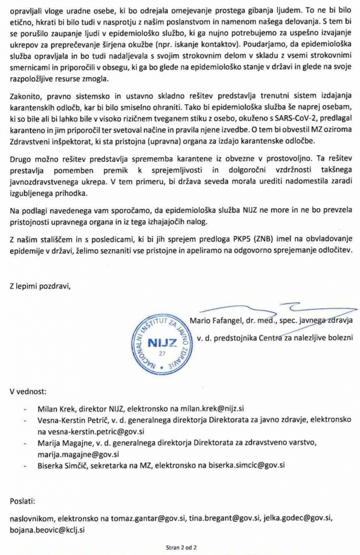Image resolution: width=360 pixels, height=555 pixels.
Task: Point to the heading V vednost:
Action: tap(28, 391)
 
